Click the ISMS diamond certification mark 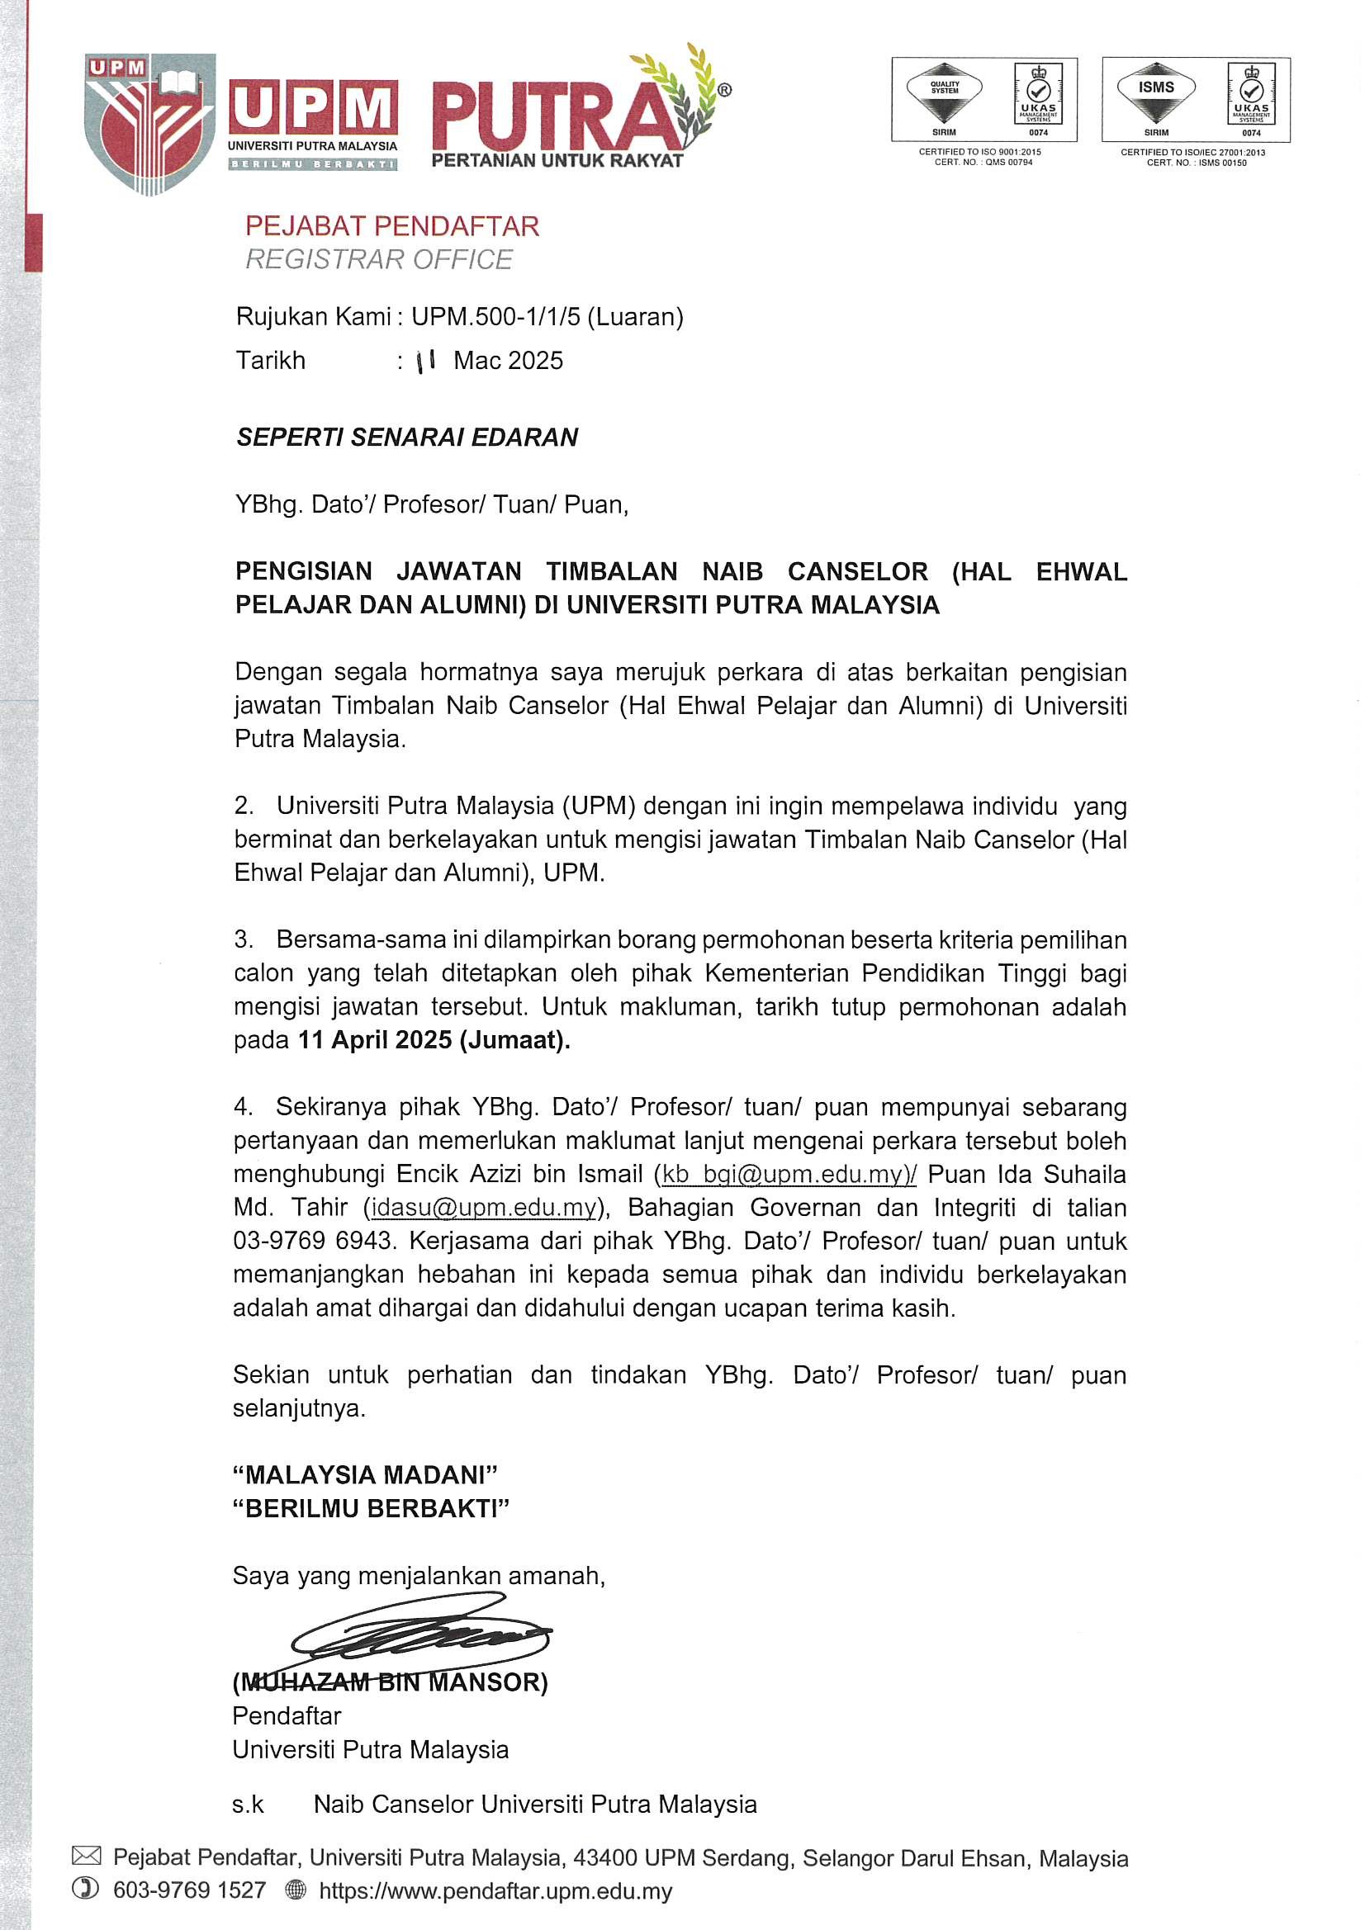[1155, 92]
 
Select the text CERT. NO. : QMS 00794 [983, 163]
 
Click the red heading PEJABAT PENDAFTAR [392, 226]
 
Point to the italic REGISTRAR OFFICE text [378, 260]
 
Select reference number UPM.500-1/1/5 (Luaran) [547, 317]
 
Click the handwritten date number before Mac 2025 [425, 362]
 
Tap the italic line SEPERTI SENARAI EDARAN [407, 438]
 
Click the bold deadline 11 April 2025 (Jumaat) [434, 1040]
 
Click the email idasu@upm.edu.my [484, 1208]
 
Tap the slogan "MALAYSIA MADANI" [365, 1475]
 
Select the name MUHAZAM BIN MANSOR [391, 1682]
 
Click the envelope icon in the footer [87, 1857]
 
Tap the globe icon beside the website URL [296, 1890]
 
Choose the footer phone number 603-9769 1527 [189, 1890]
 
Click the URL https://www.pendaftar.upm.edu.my [495, 1891]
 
